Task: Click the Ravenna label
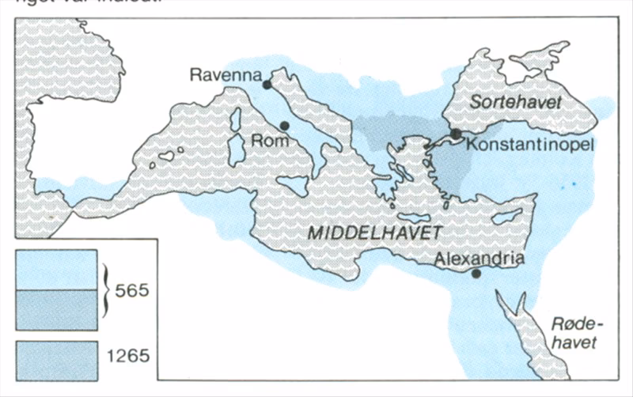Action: click(226, 75)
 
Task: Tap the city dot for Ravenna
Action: click(267, 84)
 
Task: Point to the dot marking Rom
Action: click(284, 126)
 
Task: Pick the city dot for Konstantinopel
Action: click(457, 134)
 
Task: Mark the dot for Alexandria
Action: click(476, 274)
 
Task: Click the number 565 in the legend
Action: click(131, 289)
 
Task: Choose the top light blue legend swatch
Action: click(56, 268)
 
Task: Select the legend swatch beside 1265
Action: click(56, 356)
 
